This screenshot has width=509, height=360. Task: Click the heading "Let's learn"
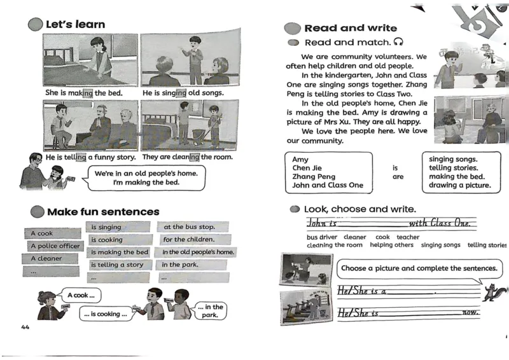pyautogui.click(x=75, y=24)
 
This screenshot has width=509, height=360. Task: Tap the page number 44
pyautogui.click(x=25, y=327)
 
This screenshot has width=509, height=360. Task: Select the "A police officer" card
pyautogui.click(x=55, y=246)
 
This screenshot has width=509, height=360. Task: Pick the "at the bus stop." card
pyautogui.click(x=190, y=227)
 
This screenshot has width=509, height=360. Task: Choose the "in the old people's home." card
pyautogui.click(x=197, y=252)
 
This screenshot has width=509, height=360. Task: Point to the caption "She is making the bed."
pyautogui.click(x=83, y=93)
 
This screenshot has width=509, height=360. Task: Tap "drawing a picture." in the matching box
pyautogui.click(x=460, y=185)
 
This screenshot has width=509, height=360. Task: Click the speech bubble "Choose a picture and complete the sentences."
pyautogui.click(x=419, y=268)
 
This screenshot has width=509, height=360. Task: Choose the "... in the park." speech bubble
pyautogui.click(x=210, y=311)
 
